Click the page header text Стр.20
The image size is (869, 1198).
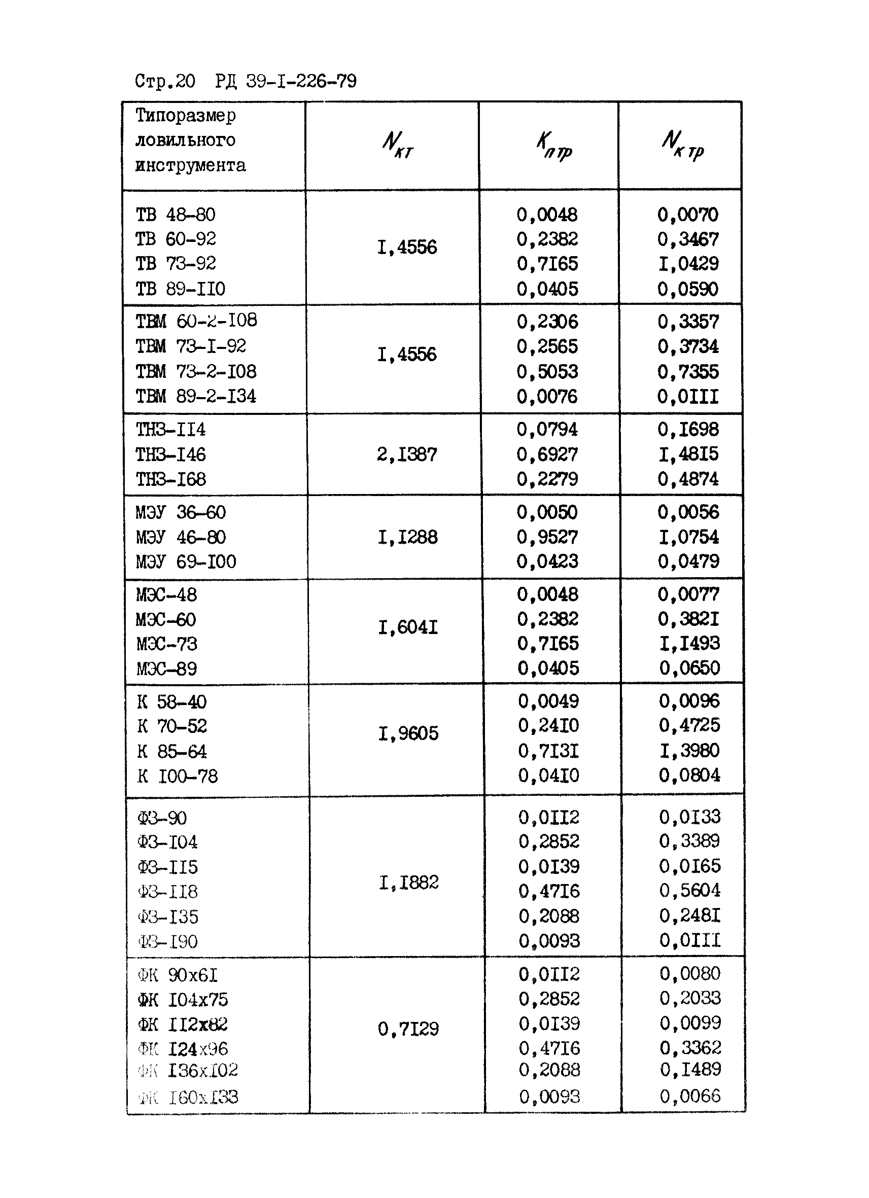tap(165, 81)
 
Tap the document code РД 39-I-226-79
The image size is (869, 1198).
tap(286, 81)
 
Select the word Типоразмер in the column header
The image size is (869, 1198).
tap(186, 115)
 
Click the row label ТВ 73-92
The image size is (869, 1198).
tap(176, 263)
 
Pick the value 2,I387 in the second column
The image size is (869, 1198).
tap(407, 454)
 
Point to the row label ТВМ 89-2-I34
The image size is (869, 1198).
tap(196, 396)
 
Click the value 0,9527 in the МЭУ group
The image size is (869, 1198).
tap(547, 537)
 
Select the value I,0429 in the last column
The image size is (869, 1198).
tap(688, 264)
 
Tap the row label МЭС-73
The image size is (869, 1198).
tap(167, 644)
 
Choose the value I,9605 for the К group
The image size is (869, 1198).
tap(408, 733)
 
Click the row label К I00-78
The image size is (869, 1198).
tap(178, 776)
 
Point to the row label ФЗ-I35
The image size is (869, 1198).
tap(168, 917)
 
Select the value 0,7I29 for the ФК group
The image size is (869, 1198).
tap(408, 1029)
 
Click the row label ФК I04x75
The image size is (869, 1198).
tap(183, 999)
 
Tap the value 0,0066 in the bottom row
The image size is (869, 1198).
tap(690, 1096)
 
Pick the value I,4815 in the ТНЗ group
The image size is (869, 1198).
tap(688, 454)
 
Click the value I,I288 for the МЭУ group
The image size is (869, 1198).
tap(407, 537)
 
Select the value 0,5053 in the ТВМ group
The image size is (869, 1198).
tap(547, 371)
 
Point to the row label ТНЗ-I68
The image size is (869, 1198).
tap(171, 479)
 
